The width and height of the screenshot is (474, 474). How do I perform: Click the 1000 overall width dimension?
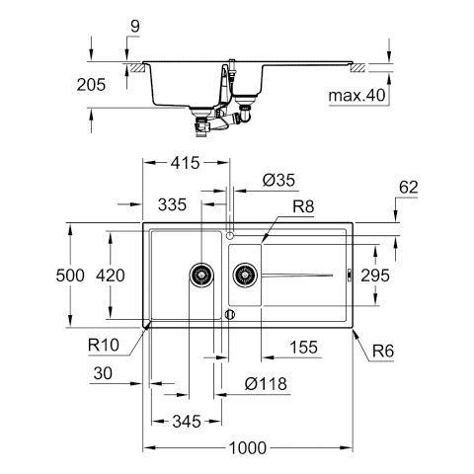[248, 447]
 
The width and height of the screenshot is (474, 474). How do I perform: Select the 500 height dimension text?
[70, 276]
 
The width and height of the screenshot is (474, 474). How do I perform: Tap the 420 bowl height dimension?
[111, 276]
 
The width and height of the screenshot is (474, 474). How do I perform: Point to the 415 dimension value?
[186, 163]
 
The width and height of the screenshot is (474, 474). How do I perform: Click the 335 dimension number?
[172, 204]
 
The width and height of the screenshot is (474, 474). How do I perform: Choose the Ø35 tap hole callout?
[278, 180]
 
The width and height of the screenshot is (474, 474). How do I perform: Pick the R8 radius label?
[303, 206]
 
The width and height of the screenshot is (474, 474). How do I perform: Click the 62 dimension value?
[408, 187]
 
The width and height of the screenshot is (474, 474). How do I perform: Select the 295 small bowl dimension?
[375, 276]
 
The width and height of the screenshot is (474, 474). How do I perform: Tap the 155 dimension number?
[304, 347]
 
